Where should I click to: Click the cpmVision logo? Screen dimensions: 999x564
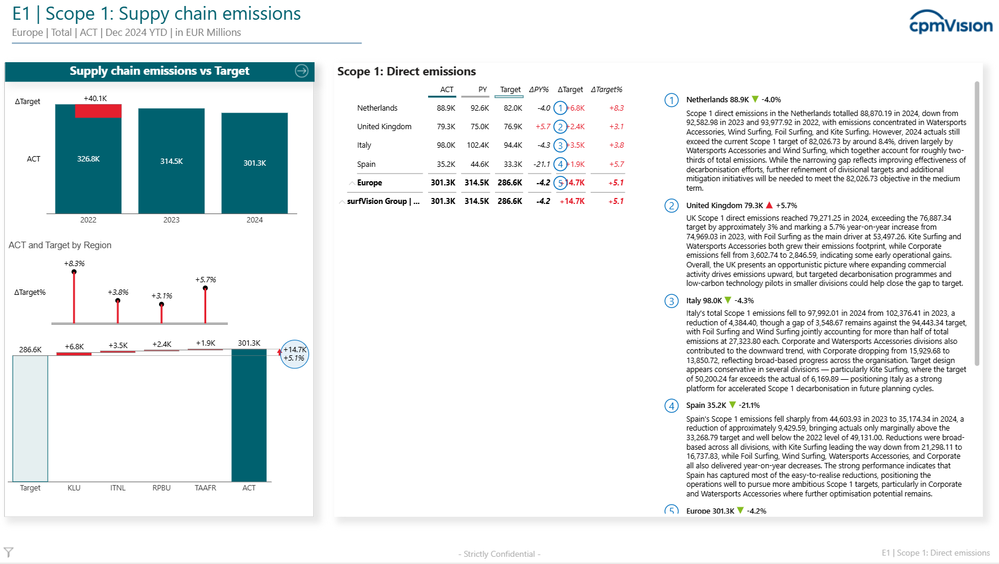[x=951, y=22]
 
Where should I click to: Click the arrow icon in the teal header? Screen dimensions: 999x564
[x=301, y=71]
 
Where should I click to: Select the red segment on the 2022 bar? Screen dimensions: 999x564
[x=98, y=111]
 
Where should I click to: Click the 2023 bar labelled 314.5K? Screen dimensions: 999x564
[x=171, y=161]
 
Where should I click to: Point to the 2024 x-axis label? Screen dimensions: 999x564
[x=255, y=220]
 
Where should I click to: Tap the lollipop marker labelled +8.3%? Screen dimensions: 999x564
[x=74, y=272]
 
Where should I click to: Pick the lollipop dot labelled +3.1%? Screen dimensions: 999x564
[x=161, y=304]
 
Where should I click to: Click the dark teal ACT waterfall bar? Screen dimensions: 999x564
[x=249, y=415]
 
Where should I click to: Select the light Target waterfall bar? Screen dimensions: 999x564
[x=30, y=419]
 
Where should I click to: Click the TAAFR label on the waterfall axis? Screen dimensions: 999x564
[x=205, y=487]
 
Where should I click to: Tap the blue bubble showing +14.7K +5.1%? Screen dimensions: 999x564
[x=294, y=354]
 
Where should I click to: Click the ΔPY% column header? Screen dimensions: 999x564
[x=539, y=90]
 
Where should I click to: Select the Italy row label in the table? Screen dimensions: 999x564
[x=364, y=145]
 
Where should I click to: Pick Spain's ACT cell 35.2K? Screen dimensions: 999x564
[x=446, y=164]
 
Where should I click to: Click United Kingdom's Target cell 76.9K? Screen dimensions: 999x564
[x=513, y=127]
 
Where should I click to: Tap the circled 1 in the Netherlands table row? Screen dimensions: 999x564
[x=560, y=108]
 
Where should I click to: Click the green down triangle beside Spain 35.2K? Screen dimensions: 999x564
[x=732, y=405]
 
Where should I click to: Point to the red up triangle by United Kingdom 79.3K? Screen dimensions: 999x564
[x=769, y=205]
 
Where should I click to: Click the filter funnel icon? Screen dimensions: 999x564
[x=8, y=553]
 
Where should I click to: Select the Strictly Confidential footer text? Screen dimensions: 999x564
[x=499, y=554]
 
